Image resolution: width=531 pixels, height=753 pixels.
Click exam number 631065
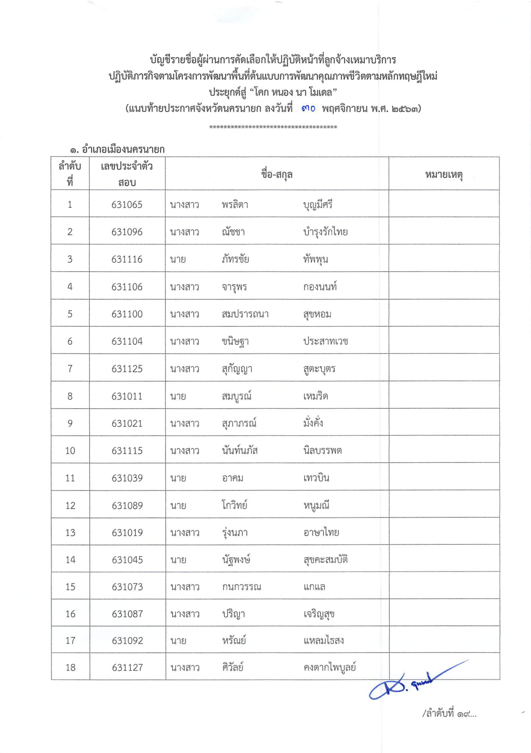[x=127, y=205]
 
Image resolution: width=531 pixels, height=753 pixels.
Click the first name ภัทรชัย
[x=235, y=259]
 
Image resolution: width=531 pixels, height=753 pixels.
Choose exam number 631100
[x=127, y=314]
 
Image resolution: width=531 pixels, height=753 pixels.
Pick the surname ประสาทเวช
[x=325, y=341]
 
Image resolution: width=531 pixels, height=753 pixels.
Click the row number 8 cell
[x=70, y=396]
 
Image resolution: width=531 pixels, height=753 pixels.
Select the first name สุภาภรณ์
[x=239, y=423]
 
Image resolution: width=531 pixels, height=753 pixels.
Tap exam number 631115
[x=127, y=451]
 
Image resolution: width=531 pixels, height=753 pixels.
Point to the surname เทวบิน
[x=316, y=478]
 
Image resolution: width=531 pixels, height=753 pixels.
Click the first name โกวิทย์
[x=235, y=505]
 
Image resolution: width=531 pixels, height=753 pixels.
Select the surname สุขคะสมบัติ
[x=325, y=560]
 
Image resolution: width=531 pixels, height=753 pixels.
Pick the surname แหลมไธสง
[x=323, y=640]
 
